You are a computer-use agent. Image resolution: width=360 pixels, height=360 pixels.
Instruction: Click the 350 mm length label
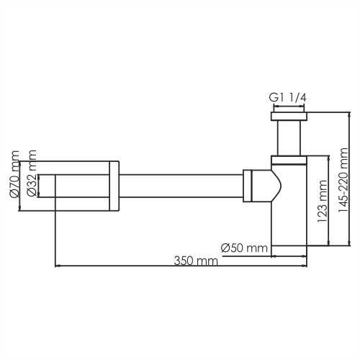point(195,261)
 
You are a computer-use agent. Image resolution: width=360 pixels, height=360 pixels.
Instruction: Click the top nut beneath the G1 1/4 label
point(289,116)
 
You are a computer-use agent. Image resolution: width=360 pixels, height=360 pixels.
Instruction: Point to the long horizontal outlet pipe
point(180,185)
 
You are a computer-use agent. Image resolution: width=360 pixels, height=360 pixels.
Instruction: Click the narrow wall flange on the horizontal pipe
point(113,185)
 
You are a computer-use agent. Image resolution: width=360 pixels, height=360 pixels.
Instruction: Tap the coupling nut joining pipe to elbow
point(248,185)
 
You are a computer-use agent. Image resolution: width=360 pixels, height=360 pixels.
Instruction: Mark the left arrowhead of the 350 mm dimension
point(58,266)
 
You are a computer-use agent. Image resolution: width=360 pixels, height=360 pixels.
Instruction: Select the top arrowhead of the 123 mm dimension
point(329,156)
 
